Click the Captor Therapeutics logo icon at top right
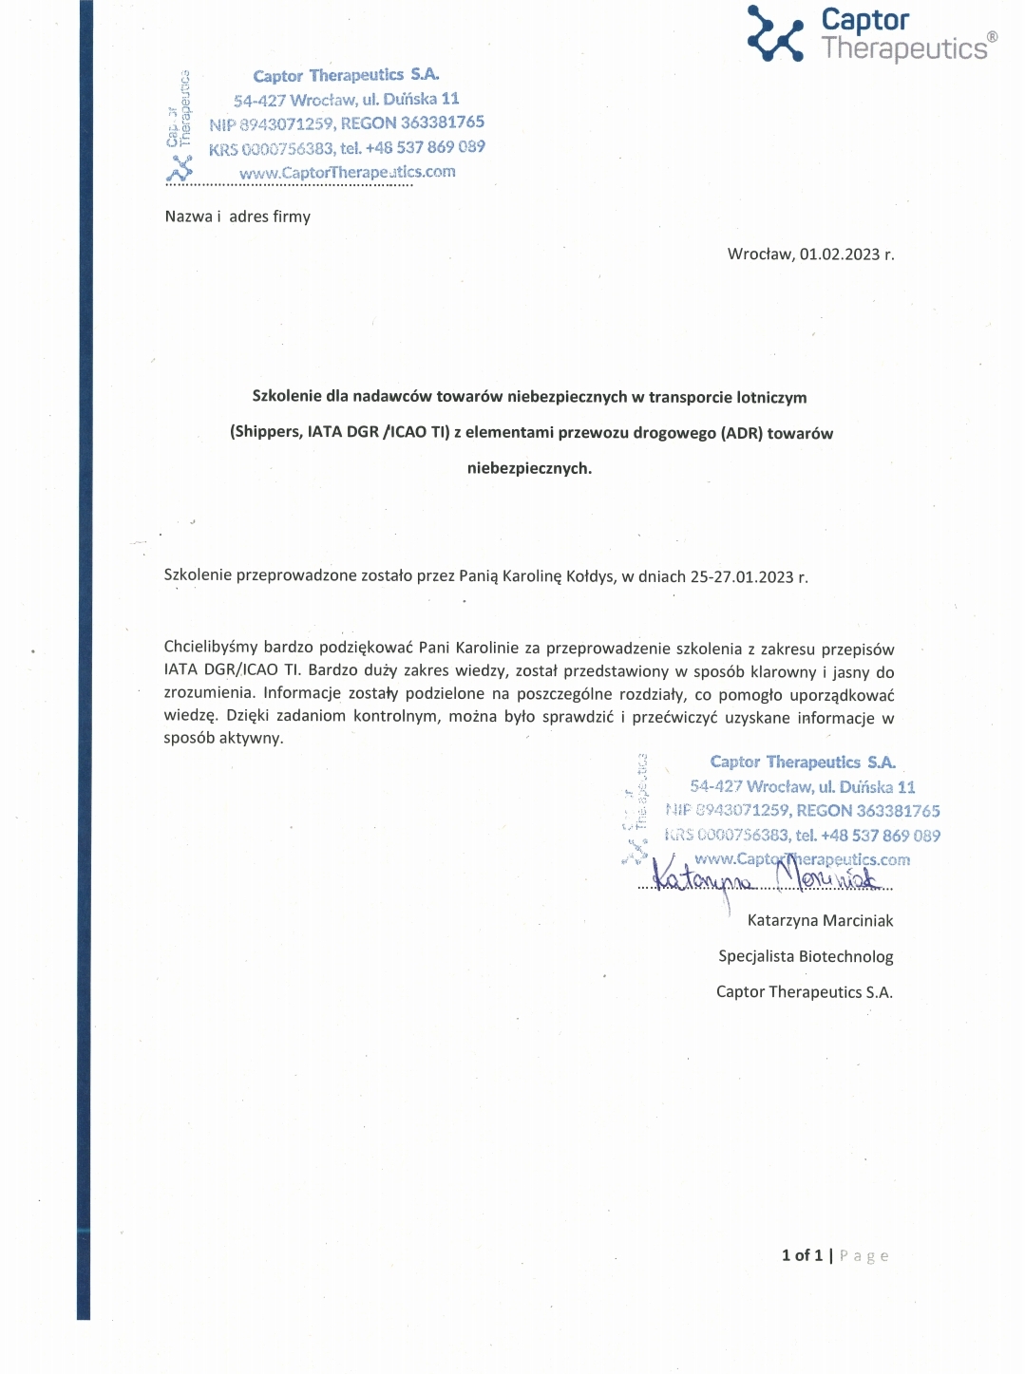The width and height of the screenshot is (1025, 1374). [x=775, y=33]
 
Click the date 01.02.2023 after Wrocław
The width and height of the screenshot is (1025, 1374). [x=840, y=254]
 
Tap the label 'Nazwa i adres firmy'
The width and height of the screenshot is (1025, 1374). [x=237, y=216]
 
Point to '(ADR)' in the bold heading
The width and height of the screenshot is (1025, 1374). [x=742, y=433]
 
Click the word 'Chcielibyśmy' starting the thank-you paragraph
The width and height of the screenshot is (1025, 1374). [x=210, y=649]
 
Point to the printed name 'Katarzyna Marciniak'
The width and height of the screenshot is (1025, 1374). [x=820, y=920]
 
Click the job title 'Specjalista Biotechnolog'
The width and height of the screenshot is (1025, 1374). [x=806, y=956]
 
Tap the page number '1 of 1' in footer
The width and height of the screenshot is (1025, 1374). [x=802, y=1255]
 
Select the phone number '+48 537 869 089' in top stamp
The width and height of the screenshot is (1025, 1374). [x=425, y=147]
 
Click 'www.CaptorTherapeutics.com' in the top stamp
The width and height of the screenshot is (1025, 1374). [x=347, y=173]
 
